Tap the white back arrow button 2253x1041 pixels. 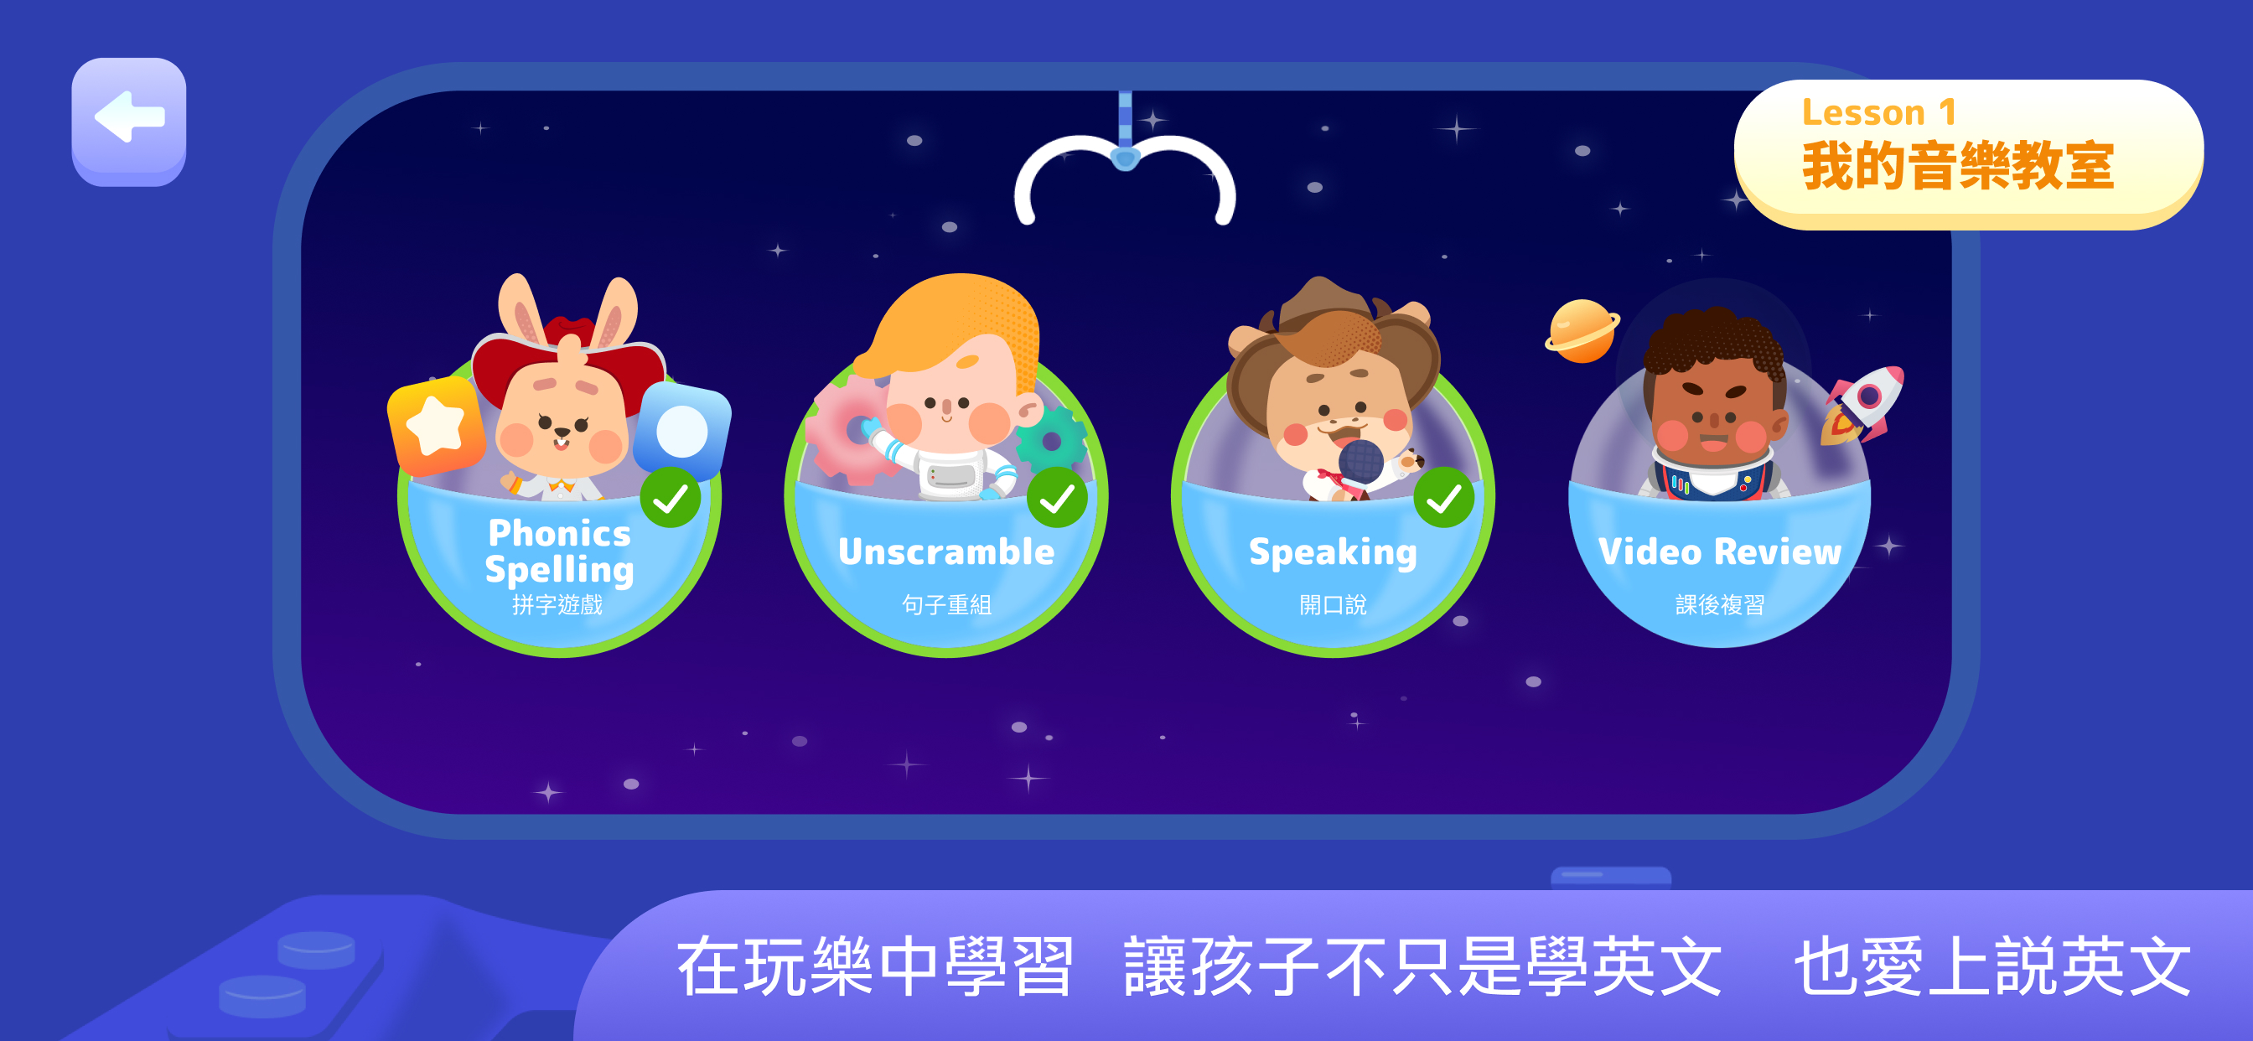click(128, 118)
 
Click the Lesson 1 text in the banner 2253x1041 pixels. click(1878, 113)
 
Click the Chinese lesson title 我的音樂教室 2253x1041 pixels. click(1957, 166)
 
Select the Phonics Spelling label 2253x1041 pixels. click(560, 552)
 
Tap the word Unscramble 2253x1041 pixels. click(946, 552)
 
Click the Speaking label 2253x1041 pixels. click(1333, 553)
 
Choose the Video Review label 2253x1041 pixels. click(1719, 552)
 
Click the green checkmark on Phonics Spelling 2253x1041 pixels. click(671, 498)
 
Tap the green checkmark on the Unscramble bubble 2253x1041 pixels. click(1058, 498)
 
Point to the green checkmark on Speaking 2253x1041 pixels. click(1444, 498)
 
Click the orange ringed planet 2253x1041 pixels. click(1582, 331)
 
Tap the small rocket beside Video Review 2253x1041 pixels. click(1864, 405)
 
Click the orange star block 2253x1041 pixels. click(437, 426)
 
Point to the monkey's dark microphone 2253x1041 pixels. click(1361, 462)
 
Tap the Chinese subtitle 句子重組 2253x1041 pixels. click(946, 604)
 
